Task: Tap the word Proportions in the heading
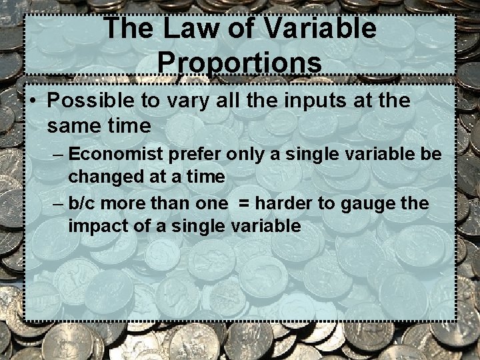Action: coord(240,63)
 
